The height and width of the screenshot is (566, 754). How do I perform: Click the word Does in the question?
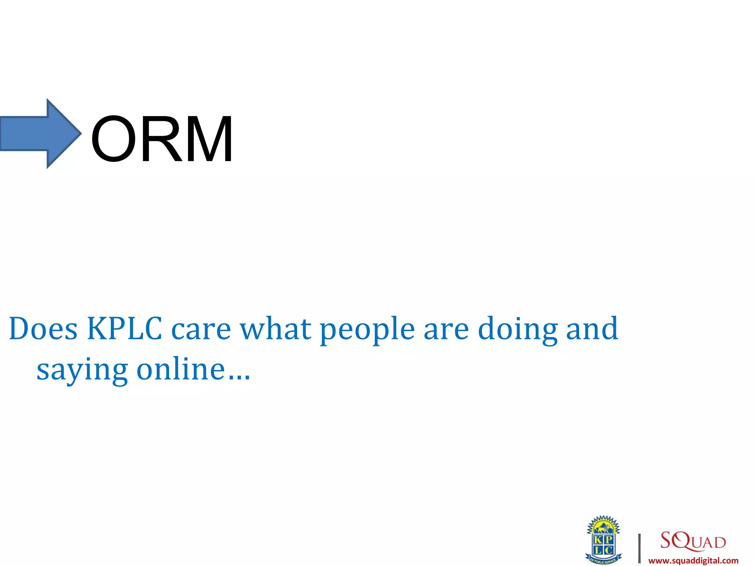coord(43,328)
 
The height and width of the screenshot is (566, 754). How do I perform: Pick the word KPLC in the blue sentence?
coord(124,328)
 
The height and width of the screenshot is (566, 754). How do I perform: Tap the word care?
coord(201,329)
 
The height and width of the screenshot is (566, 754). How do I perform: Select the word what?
coord(275,328)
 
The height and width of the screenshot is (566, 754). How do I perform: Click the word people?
coord(367,329)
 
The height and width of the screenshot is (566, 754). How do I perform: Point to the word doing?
coord(517,329)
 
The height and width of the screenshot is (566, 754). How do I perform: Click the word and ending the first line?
coord(592,328)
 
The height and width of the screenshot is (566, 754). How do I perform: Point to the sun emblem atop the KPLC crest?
coord(603,525)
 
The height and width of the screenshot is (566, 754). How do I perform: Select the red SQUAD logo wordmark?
coord(693,541)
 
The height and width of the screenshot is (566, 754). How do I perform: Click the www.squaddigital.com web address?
coord(693,561)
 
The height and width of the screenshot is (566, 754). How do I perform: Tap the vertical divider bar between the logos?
coord(640,548)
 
